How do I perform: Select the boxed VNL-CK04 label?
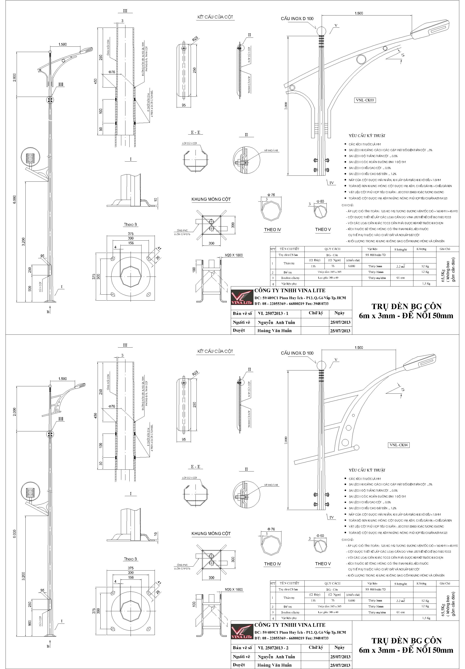pos(399,445)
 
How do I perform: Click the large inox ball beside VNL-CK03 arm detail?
pos(321,31)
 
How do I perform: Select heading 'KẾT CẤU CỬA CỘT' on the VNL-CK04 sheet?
pos(215,351)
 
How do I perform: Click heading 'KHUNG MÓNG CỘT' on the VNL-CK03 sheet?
pos(211,200)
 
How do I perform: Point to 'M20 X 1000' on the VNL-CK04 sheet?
pos(234,589)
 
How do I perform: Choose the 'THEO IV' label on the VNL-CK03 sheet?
pos(272,230)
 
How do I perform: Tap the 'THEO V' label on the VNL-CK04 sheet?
pos(323,564)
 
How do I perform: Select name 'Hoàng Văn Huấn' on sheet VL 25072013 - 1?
pos(274,331)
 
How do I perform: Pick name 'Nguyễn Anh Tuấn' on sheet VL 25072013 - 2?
pos(276,657)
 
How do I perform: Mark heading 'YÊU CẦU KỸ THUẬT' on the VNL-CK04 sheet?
pos(367,470)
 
